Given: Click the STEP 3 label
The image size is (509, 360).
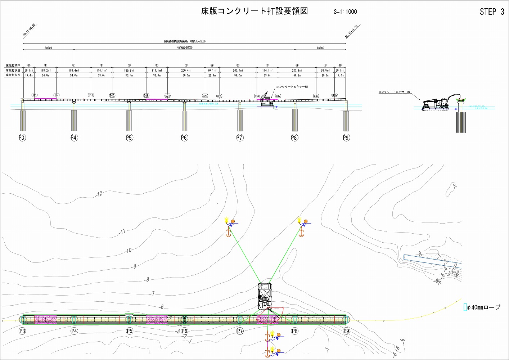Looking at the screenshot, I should (492, 12).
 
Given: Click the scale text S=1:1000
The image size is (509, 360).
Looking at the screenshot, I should (345, 12).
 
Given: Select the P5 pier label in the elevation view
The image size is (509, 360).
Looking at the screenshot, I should (129, 138).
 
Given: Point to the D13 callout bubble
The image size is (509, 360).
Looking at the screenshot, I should (112, 95).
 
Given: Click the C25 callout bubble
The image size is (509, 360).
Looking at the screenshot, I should (219, 96).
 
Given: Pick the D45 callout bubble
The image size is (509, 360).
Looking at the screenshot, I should (335, 95).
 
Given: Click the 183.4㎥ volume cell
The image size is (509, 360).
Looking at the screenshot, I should (73, 71).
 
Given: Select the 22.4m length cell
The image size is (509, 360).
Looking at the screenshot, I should (212, 76).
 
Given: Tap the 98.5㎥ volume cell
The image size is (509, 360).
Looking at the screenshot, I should (325, 71).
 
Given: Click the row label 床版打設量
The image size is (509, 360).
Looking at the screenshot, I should (13, 71).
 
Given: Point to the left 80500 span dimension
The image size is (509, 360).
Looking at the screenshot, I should (48, 48).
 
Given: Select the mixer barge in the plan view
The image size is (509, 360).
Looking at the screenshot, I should (265, 296).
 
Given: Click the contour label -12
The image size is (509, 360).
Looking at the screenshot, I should (99, 194).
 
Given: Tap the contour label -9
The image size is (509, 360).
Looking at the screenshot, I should (134, 267).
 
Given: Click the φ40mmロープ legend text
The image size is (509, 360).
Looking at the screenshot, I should (483, 307).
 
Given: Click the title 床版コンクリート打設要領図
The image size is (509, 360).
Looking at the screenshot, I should (254, 11).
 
